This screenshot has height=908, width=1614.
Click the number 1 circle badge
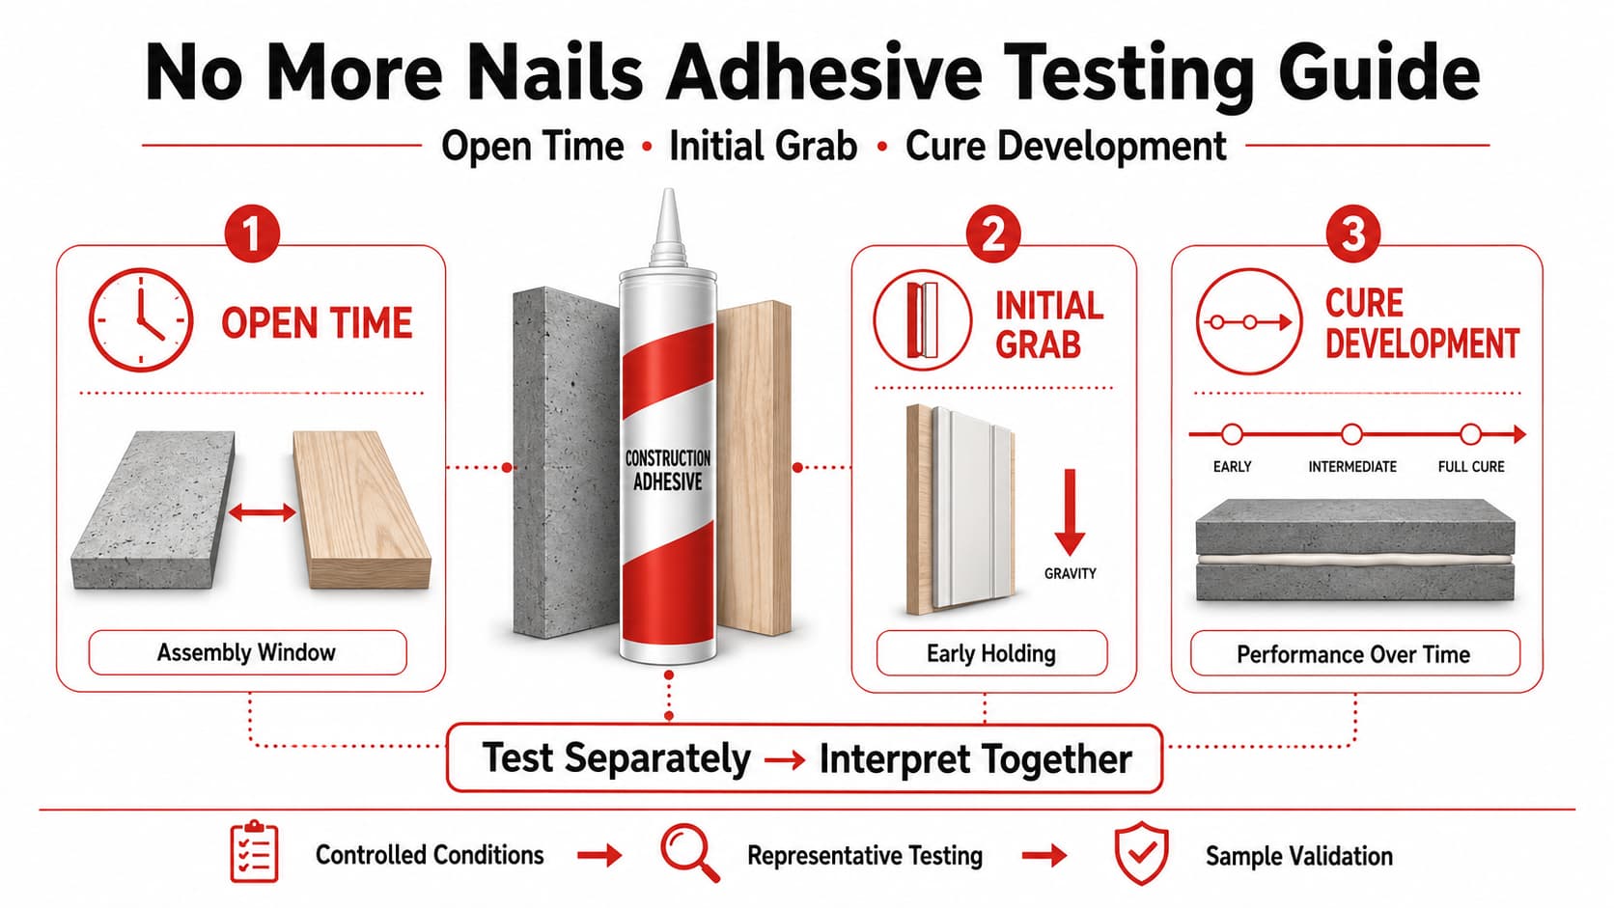point(252,234)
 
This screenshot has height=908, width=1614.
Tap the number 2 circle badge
point(993,234)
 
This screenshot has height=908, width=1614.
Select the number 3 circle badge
point(1352,234)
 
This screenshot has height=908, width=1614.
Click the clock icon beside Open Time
point(141,319)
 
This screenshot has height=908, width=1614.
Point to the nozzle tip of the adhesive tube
point(669,191)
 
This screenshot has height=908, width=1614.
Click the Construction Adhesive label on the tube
point(668,470)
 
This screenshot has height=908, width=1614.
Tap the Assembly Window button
point(247,652)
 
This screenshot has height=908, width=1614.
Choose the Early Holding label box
point(991,653)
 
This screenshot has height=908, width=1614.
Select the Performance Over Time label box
point(1354,654)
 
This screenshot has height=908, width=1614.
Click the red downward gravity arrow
point(1070,512)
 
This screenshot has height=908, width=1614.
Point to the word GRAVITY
point(1070,574)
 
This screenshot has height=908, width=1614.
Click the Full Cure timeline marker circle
point(1470,434)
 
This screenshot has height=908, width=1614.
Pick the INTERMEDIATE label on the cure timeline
point(1352,467)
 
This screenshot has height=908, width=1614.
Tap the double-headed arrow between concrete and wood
point(262,512)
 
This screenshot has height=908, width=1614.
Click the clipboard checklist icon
point(254,852)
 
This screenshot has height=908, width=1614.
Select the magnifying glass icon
point(689,853)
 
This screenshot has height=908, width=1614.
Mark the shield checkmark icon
point(1141,854)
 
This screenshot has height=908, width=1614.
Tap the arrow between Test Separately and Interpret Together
point(785,760)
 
